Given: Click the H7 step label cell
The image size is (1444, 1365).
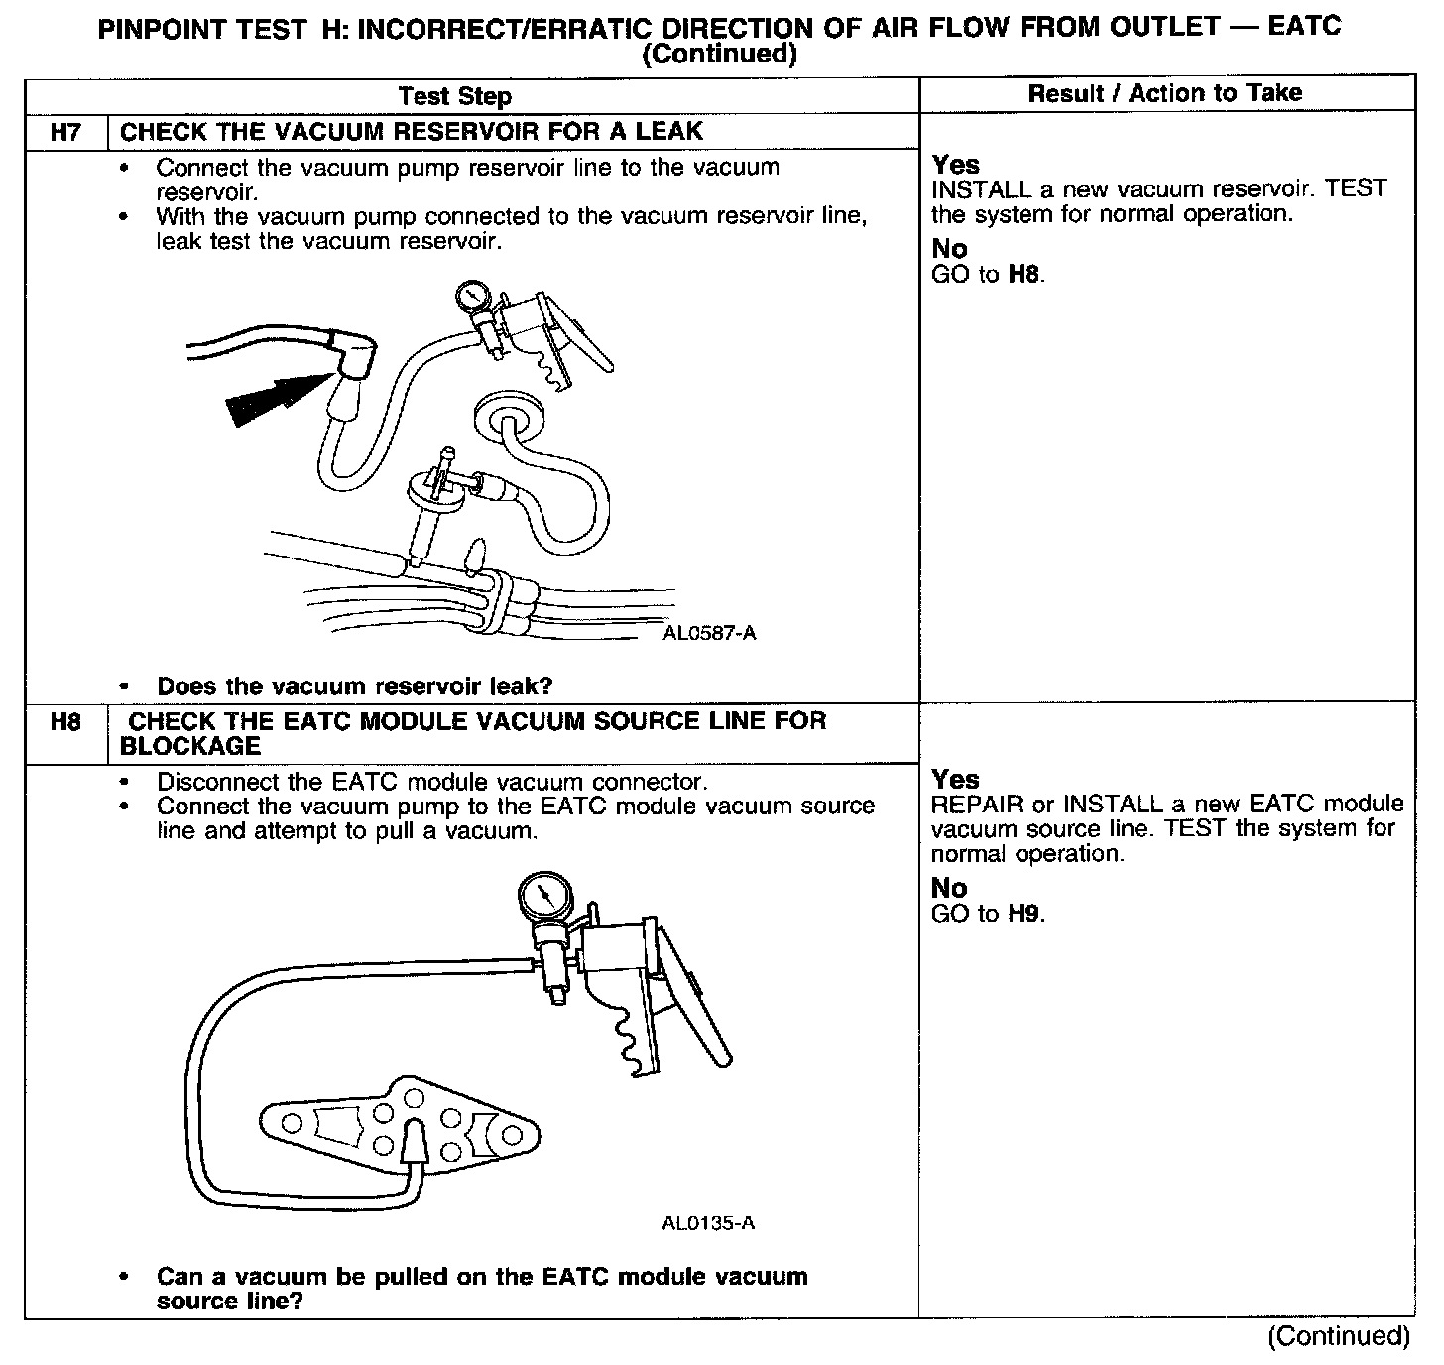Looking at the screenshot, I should pos(64,131).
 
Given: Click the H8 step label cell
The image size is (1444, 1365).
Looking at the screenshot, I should pos(64,722).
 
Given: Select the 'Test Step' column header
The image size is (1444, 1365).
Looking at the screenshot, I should pos(454,96).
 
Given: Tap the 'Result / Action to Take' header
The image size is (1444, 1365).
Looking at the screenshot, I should pos(1164,93).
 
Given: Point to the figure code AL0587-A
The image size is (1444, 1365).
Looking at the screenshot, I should pos(709,633).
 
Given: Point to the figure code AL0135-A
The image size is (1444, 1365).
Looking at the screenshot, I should pos(708,1223).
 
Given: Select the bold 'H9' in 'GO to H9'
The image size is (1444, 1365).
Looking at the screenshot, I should pos(1024,914).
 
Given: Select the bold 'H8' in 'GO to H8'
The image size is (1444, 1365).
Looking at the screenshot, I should pos(1024,274).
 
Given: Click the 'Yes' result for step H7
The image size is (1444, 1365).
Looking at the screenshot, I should pos(955,165).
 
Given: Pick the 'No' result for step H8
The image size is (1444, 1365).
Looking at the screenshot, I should pos(948,888).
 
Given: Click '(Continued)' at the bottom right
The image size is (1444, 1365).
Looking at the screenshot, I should pos(1338,1336).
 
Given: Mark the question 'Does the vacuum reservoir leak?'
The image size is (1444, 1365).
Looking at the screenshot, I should pos(354,685).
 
